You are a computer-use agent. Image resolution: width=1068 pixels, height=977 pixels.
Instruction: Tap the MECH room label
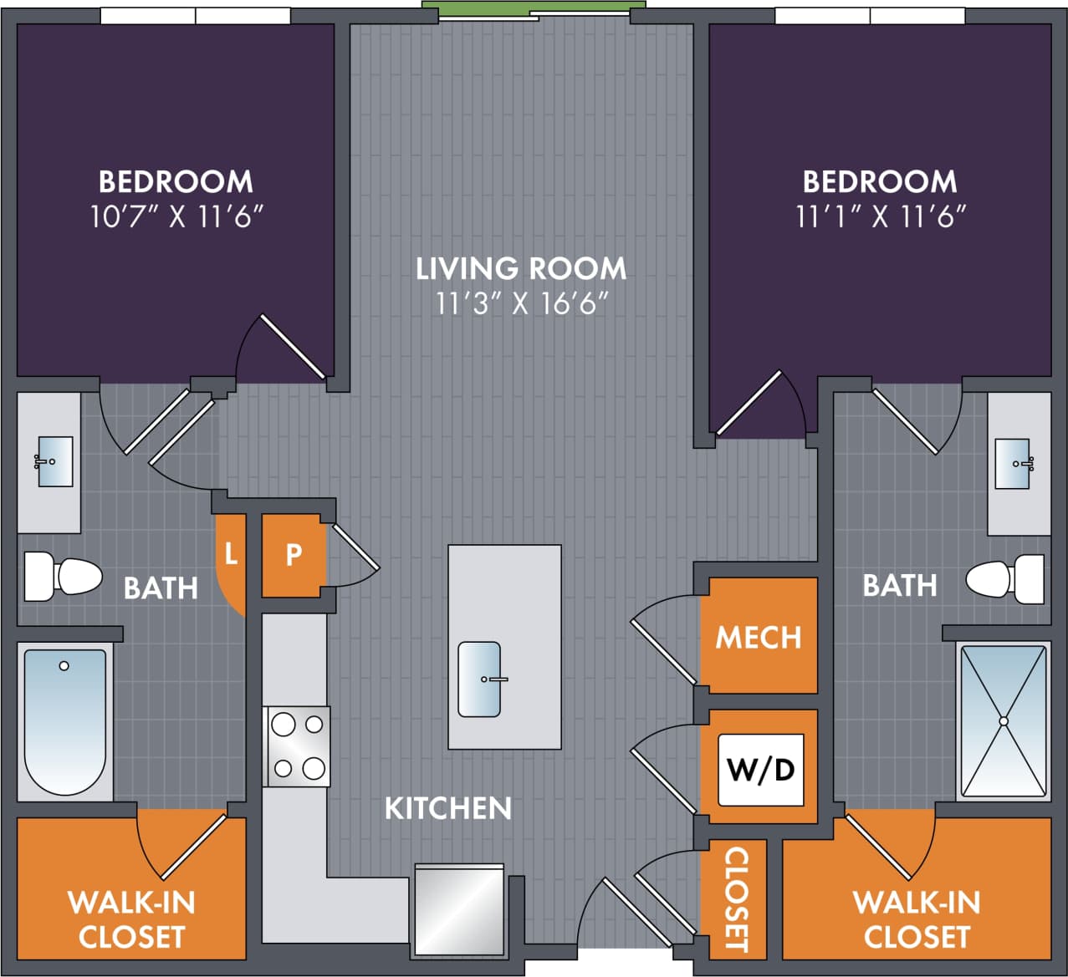point(759,638)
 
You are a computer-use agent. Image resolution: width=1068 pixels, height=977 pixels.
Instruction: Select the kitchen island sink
point(479,679)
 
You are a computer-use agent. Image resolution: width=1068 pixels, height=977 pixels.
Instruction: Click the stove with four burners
point(298,746)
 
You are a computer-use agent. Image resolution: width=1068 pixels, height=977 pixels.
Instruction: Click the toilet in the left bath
point(63,577)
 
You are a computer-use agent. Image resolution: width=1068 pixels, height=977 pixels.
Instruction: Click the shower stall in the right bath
point(1003,720)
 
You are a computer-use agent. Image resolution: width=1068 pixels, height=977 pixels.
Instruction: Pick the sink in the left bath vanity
point(54,461)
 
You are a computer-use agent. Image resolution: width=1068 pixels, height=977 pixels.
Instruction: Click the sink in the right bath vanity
point(1014,463)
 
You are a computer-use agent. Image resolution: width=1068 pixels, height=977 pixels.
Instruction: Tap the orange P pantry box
point(293,555)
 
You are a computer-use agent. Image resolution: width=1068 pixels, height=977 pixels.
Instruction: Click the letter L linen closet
point(231,553)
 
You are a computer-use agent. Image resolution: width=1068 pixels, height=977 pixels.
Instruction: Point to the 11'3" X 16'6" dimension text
point(520,303)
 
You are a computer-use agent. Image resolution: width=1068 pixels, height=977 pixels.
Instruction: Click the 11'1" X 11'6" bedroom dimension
point(880,217)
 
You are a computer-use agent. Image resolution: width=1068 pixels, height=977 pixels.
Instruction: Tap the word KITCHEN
point(448,808)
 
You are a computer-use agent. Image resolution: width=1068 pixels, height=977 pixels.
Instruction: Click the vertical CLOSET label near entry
point(735,899)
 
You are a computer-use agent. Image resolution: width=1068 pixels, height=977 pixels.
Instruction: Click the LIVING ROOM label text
point(521,268)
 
